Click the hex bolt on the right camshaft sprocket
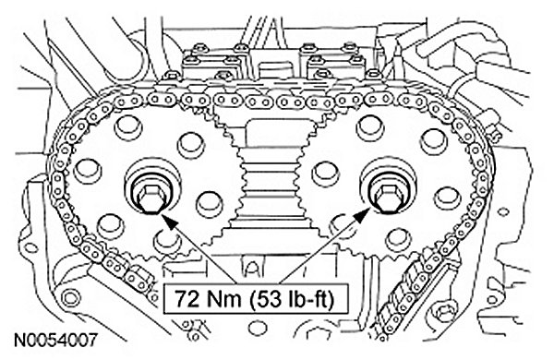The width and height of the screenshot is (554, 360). coord(388,197)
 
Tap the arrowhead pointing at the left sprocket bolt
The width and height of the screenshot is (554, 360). coord(170,222)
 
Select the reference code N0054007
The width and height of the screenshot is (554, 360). coord(55,341)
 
